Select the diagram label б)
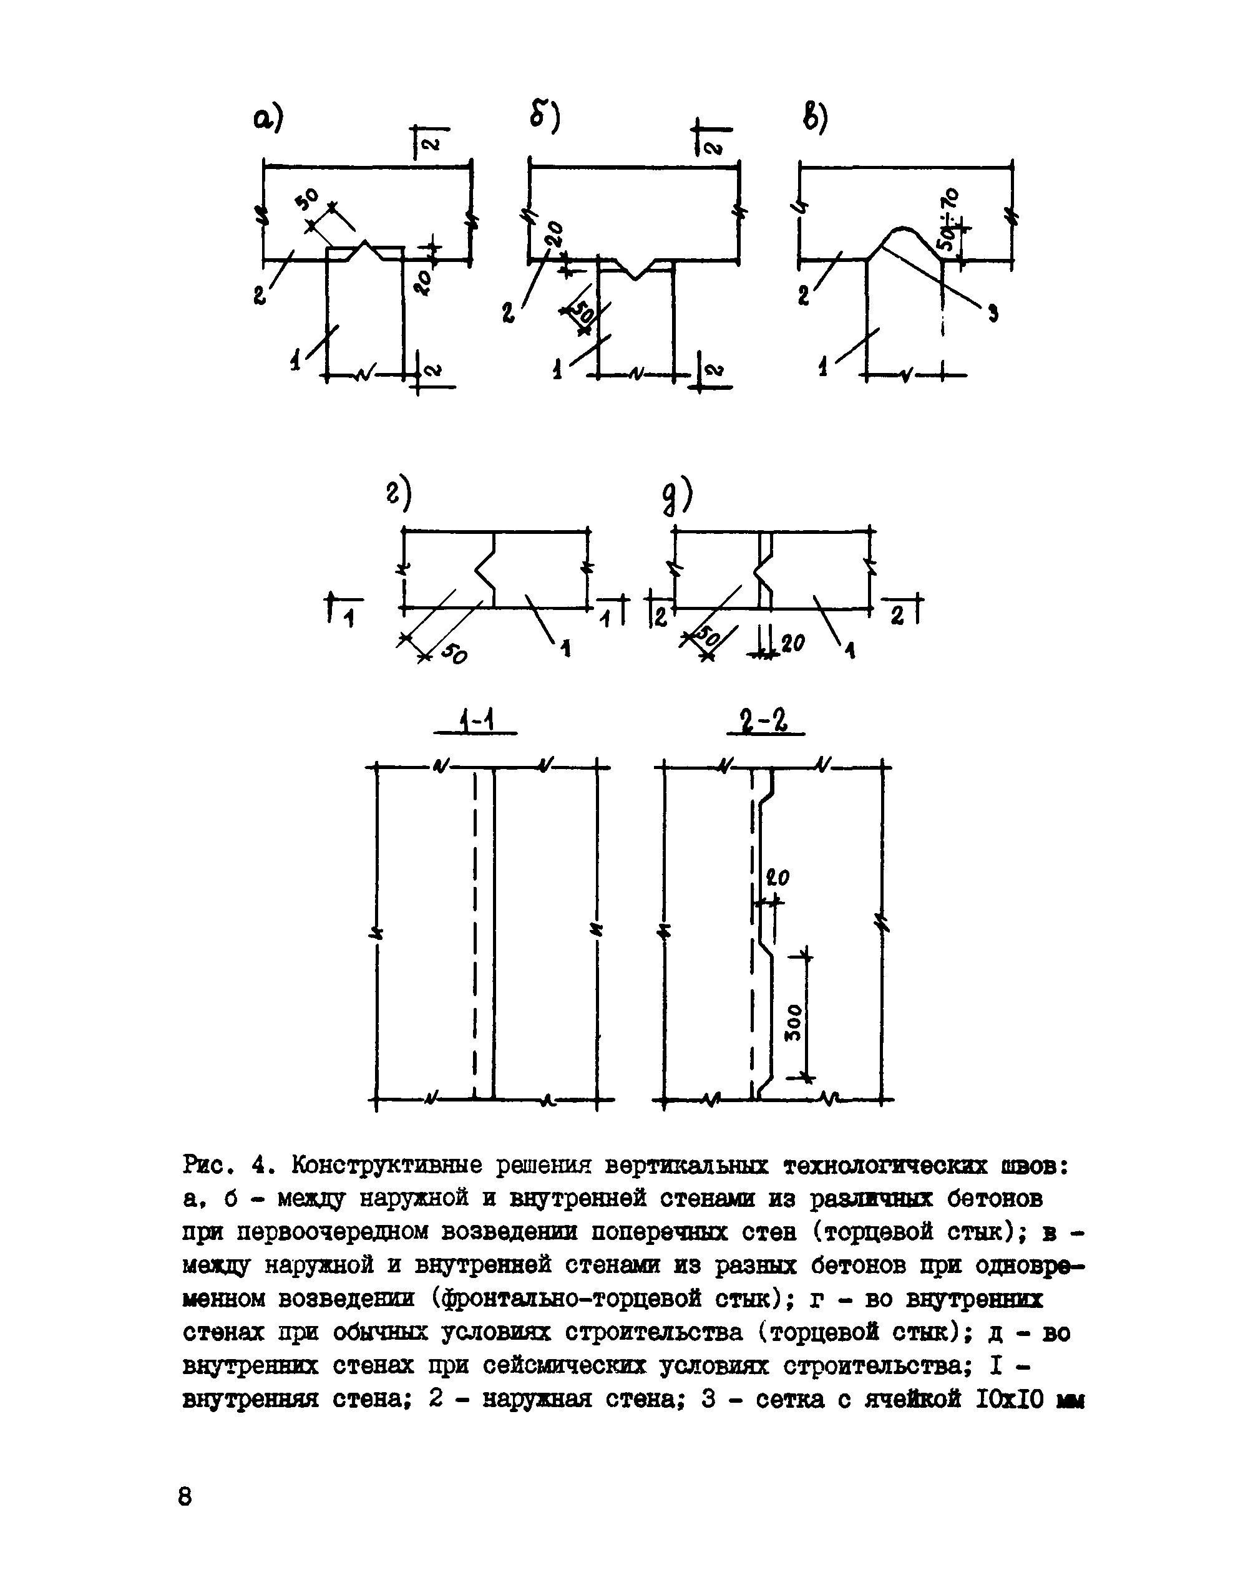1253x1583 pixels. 544,117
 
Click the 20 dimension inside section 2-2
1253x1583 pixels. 777,877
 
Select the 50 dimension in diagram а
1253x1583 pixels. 308,198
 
